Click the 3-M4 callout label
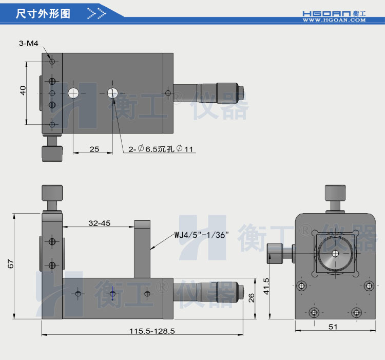29,44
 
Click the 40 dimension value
23,90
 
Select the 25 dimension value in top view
94,149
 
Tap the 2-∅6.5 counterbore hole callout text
161,149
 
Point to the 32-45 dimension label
99,223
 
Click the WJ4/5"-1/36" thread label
201,235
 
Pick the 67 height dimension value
10,264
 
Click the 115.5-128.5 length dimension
152,331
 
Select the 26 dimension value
252,298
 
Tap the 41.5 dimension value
265,287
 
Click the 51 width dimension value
333,326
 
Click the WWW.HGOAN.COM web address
334,20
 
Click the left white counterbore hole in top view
73,93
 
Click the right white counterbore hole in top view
113,93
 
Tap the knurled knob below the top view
51,153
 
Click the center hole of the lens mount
335,253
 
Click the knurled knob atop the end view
335,193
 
